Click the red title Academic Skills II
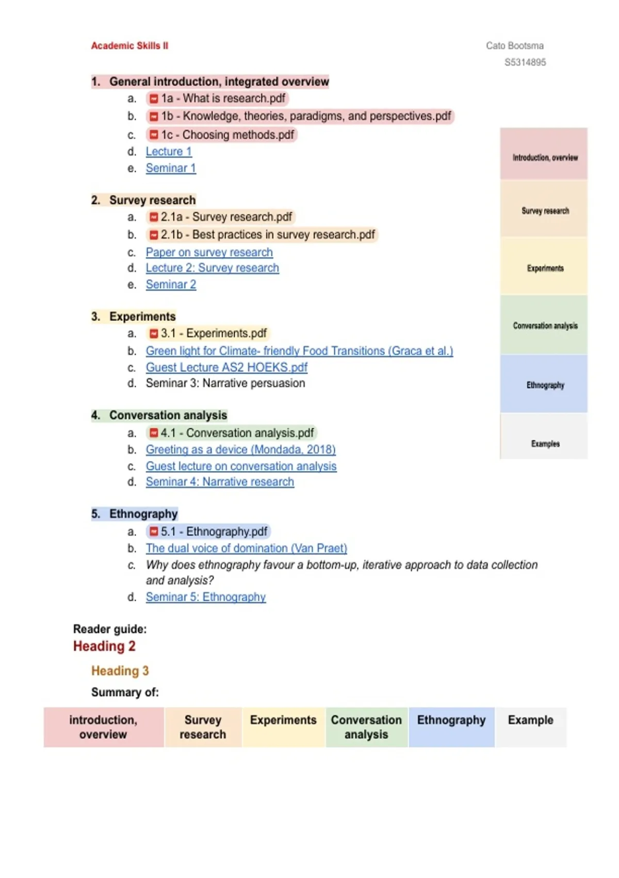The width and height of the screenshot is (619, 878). pyautogui.click(x=129, y=46)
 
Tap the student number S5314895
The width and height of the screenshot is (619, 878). pyautogui.click(x=525, y=62)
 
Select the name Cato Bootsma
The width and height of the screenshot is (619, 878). pyautogui.click(x=514, y=46)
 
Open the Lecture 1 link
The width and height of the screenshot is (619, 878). pyautogui.click(x=169, y=152)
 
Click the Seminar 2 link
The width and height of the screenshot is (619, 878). pyautogui.click(x=171, y=285)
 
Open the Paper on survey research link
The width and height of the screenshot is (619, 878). pyautogui.click(x=209, y=253)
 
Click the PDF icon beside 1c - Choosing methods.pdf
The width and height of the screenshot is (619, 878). pyautogui.click(x=153, y=135)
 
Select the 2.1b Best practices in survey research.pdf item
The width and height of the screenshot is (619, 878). pyautogui.click(x=267, y=235)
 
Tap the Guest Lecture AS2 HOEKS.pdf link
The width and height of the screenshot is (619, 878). pyautogui.click(x=226, y=367)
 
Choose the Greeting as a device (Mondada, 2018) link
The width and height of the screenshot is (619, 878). pyautogui.click(x=240, y=449)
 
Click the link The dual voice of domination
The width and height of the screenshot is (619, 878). pyautogui.click(x=246, y=548)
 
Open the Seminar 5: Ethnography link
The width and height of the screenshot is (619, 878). pyautogui.click(x=205, y=597)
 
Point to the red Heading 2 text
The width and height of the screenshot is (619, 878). pyautogui.click(x=104, y=646)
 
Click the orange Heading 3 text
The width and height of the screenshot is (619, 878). pyautogui.click(x=120, y=671)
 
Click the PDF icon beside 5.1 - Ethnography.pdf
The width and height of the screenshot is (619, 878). pyautogui.click(x=153, y=531)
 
